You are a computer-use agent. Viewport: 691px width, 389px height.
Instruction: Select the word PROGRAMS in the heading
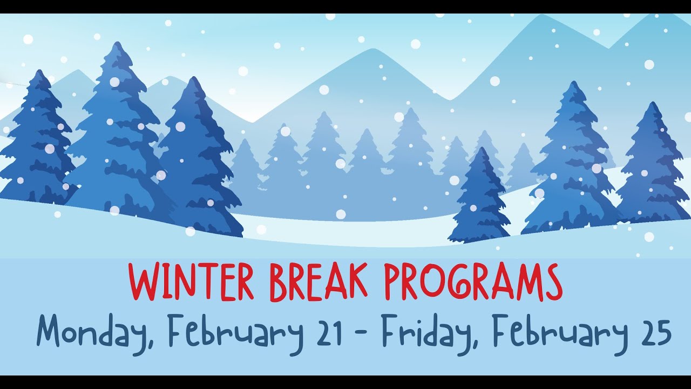click(473, 281)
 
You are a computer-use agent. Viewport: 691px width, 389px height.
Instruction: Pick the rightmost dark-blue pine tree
click(653, 167)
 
